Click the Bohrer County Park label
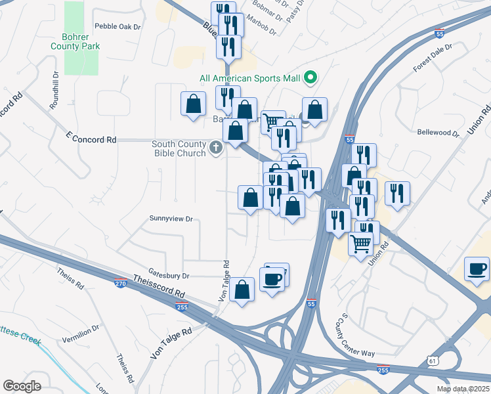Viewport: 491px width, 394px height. tap(75, 42)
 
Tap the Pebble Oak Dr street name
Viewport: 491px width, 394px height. tap(118, 27)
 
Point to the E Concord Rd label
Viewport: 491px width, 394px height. tap(91, 140)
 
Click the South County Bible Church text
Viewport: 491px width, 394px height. tap(179, 148)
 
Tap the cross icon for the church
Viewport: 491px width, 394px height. tap(217, 148)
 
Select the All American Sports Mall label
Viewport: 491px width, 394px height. tap(249, 79)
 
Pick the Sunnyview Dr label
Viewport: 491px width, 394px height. tap(171, 218)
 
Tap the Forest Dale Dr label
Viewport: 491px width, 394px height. tap(433, 58)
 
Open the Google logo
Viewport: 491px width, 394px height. tap(22, 386)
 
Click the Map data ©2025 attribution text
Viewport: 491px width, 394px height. tap(462, 389)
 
